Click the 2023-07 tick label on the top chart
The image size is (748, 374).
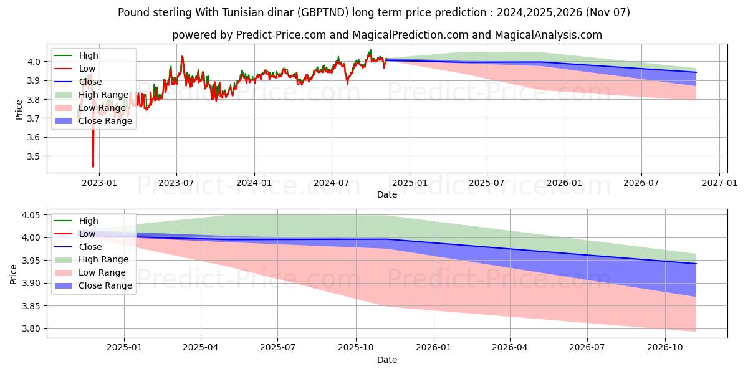point(176,183)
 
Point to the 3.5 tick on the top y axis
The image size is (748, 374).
point(34,156)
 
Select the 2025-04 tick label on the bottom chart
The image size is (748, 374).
point(201,348)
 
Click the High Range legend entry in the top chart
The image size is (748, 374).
point(103,95)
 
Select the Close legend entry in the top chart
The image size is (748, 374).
point(90,82)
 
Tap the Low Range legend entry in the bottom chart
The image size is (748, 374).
point(102,272)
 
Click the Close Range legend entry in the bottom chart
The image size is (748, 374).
point(105,285)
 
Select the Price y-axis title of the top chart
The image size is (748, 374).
point(19,109)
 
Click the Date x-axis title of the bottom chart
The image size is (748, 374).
point(387,360)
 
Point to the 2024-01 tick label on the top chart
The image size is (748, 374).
point(254,183)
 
